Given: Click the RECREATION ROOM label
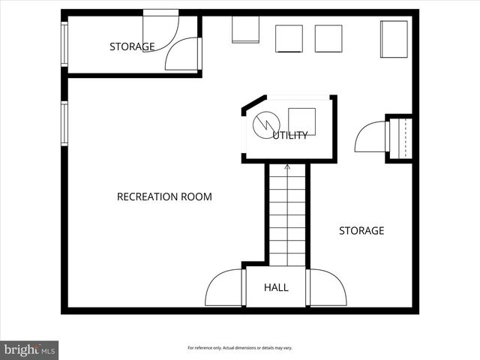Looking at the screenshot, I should click(x=164, y=197).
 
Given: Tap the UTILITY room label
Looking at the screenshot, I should click(x=290, y=136).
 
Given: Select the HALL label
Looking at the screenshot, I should click(x=276, y=287).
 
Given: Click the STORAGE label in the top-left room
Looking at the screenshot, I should click(x=132, y=46).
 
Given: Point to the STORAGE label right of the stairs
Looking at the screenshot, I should click(x=361, y=231).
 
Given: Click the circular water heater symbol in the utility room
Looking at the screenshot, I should click(x=265, y=125).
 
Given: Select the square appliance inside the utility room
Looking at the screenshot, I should click(x=301, y=121).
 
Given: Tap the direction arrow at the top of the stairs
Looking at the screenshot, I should click(x=287, y=166).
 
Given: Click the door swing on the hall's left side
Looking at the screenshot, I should click(x=223, y=288).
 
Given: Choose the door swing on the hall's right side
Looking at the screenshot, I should click(x=327, y=288).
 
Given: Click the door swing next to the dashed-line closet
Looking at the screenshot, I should click(x=370, y=139).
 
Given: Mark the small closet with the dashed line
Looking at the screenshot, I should click(x=399, y=139).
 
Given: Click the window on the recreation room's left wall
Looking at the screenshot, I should click(x=64, y=123).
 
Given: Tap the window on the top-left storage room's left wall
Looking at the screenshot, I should click(x=64, y=45).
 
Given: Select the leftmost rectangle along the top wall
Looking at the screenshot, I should click(x=244, y=30).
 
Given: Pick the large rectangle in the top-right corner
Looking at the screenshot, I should click(x=394, y=38).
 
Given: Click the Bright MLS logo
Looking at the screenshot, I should click(x=30, y=349).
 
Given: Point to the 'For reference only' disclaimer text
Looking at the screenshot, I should click(x=240, y=348).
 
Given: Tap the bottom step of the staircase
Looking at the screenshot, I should click(x=287, y=259).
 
